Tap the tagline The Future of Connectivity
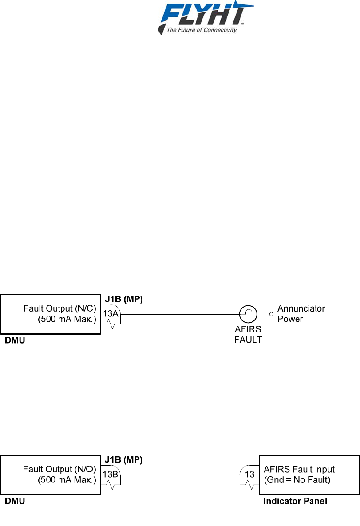pos(201,30)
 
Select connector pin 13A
pos(111,314)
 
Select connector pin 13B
pos(111,474)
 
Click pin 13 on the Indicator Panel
pos(249,474)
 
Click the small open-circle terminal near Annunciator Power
pos(271,314)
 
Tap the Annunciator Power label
pos(301,313)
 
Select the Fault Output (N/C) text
pos(59,308)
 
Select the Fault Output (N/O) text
pos(59,469)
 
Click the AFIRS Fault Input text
pos(299,469)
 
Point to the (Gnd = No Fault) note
pos(297,480)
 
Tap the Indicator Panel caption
pos(295,502)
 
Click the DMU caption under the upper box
pos(15,341)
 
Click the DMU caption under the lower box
pos(15,502)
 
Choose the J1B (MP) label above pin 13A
pos(123,300)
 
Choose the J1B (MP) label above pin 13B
pos(123,460)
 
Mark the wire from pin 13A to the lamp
pos(178,314)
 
